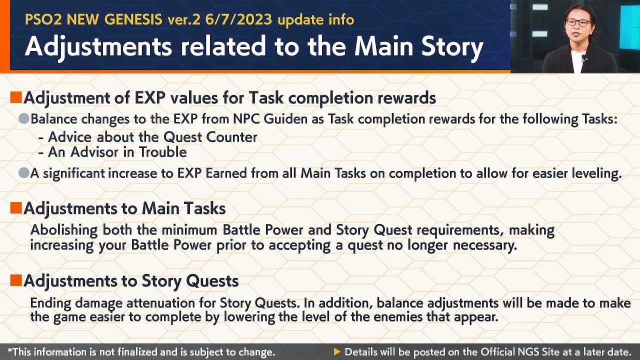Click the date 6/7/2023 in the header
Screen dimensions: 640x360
pos(238,19)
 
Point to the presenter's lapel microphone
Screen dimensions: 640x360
pos(584,58)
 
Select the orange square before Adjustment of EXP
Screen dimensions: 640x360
pos(16,97)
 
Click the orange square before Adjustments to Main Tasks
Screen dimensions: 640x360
pos(16,208)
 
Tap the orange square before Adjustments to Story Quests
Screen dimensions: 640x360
pos(16,280)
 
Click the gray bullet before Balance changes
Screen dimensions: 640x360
pos(24,118)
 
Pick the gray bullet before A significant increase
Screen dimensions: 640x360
pos(24,173)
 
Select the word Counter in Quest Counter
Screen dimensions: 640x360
pos(231,137)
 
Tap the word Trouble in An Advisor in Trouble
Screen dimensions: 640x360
pos(163,152)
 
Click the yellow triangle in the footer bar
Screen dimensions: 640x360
pos(337,351)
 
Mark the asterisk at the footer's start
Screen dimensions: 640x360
pos(10,350)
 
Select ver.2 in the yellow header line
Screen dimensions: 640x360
pos(184,19)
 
